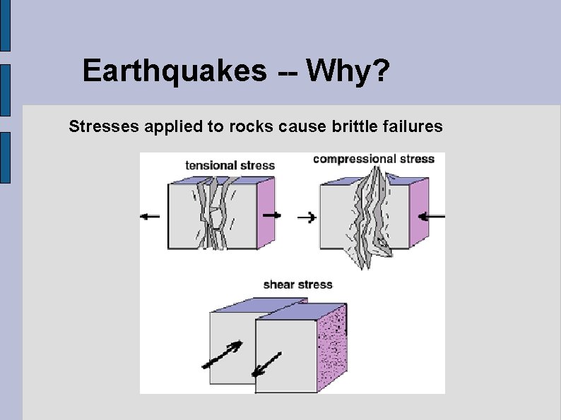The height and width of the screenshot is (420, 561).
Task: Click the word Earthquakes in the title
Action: (175, 71)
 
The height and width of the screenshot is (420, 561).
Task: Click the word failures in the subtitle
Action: (413, 127)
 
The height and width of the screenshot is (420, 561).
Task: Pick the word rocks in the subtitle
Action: (242, 127)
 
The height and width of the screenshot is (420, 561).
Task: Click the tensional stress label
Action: (230, 166)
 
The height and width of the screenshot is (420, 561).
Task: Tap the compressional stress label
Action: (373, 159)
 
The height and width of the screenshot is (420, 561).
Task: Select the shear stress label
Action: (297, 285)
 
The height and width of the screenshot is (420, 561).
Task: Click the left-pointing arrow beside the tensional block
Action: (150, 217)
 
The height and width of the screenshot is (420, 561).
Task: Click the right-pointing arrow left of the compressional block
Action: (307, 217)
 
